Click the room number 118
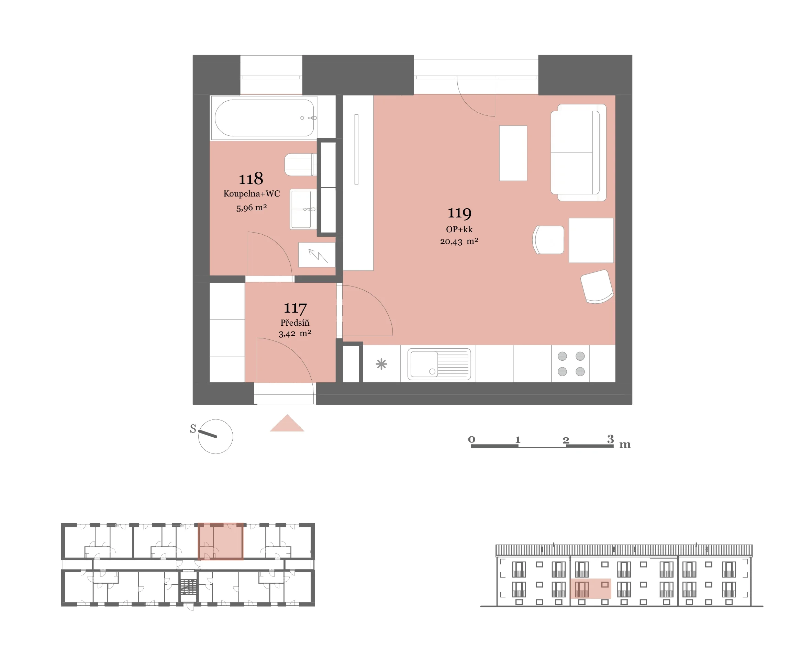251,178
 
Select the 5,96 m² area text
251,208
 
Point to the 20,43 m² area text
459,242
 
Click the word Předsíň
295,323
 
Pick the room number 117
295,308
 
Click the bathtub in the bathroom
264,118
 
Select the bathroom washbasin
303,209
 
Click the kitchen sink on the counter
439,364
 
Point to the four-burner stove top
571,364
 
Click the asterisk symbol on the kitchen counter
381,364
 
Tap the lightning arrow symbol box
317,255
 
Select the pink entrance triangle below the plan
287,424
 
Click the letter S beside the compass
193,429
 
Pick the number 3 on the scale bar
610,439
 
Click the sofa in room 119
578,153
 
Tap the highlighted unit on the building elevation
590,588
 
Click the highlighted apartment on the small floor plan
221,541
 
